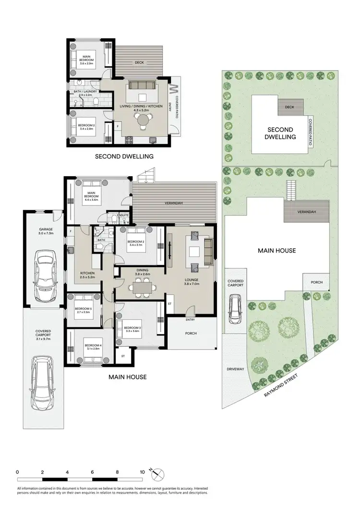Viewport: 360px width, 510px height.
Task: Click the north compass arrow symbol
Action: point(156,473)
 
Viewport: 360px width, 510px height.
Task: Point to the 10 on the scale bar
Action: point(143,472)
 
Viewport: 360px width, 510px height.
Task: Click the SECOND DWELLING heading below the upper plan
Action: point(124,156)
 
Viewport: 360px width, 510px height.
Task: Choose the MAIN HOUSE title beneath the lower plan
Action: point(127,377)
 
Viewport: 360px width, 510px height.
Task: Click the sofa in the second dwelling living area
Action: point(141,86)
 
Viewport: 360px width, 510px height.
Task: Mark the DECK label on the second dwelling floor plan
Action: point(140,62)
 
